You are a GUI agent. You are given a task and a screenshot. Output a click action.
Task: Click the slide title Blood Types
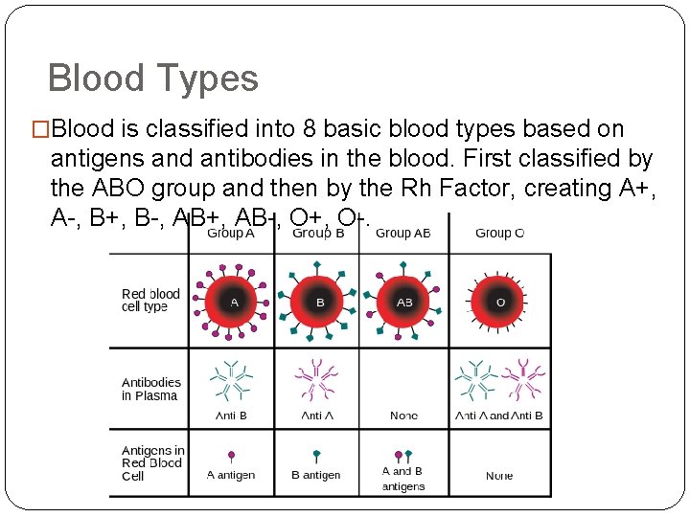pos(152,78)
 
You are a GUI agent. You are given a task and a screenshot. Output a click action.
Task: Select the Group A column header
pos(230,233)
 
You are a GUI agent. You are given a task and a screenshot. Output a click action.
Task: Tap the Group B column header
pos(318,233)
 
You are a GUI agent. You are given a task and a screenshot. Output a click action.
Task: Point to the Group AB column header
pos(402,233)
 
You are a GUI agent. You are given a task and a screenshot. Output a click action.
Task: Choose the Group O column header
pos(499,233)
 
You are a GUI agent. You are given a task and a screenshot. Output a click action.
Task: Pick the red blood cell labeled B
pos(319,302)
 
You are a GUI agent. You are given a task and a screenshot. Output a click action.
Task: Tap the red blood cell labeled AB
pos(404,302)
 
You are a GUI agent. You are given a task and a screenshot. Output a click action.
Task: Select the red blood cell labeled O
pos(499,302)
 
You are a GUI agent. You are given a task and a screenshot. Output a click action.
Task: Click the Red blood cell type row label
pos(150,300)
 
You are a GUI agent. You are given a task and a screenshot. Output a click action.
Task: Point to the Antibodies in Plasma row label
pos(150,389)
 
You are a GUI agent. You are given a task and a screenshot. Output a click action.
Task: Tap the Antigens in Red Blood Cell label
pos(152,462)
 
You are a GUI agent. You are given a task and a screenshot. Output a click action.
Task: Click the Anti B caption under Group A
pos(231,416)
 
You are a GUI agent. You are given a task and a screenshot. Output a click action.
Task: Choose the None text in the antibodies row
pos(403,416)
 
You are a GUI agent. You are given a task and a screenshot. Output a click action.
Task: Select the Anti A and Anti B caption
pos(499,416)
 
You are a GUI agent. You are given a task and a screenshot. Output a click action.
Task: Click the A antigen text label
pos(231,475)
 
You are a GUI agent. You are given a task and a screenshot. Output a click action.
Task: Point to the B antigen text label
pos(315,475)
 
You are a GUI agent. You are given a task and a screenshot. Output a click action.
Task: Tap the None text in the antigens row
pos(499,475)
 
